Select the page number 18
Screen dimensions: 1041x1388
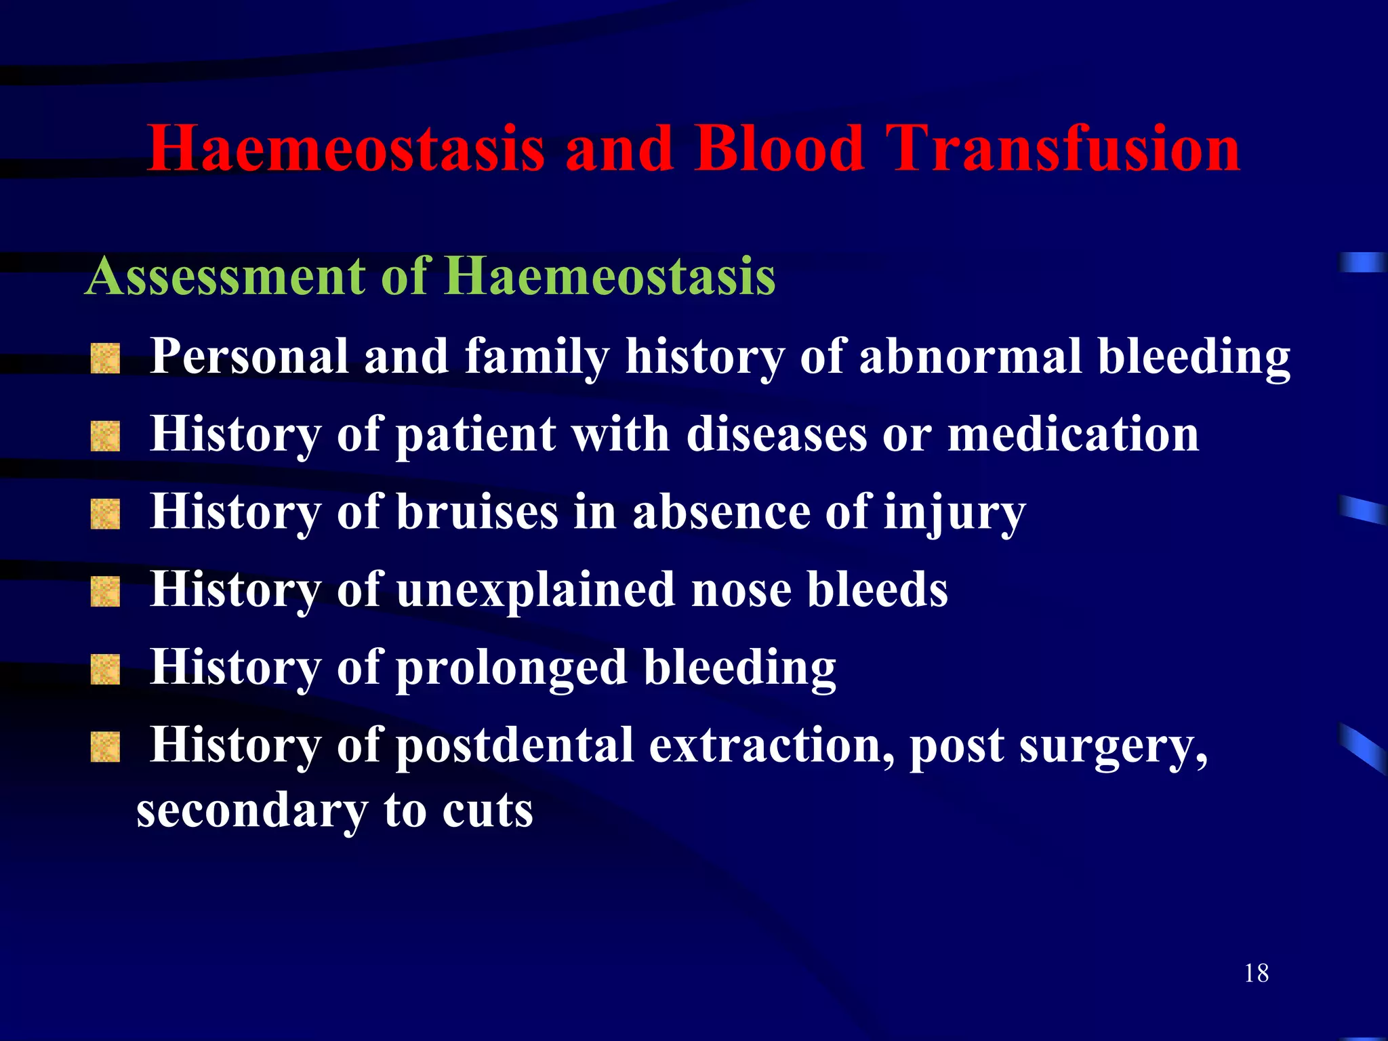(x=1256, y=973)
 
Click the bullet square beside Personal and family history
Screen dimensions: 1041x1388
(x=105, y=359)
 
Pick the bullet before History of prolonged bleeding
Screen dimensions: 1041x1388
(x=105, y=670)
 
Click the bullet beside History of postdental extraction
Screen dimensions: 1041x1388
(x=105, y=747)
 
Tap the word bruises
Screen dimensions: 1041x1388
(x=477, y=512)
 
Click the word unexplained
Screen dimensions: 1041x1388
(x=535, y=590)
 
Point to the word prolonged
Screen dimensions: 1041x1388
(x=511, y=669)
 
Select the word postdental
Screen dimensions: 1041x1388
(x=514, y=746)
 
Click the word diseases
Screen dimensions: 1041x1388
(x=777, y=434)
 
